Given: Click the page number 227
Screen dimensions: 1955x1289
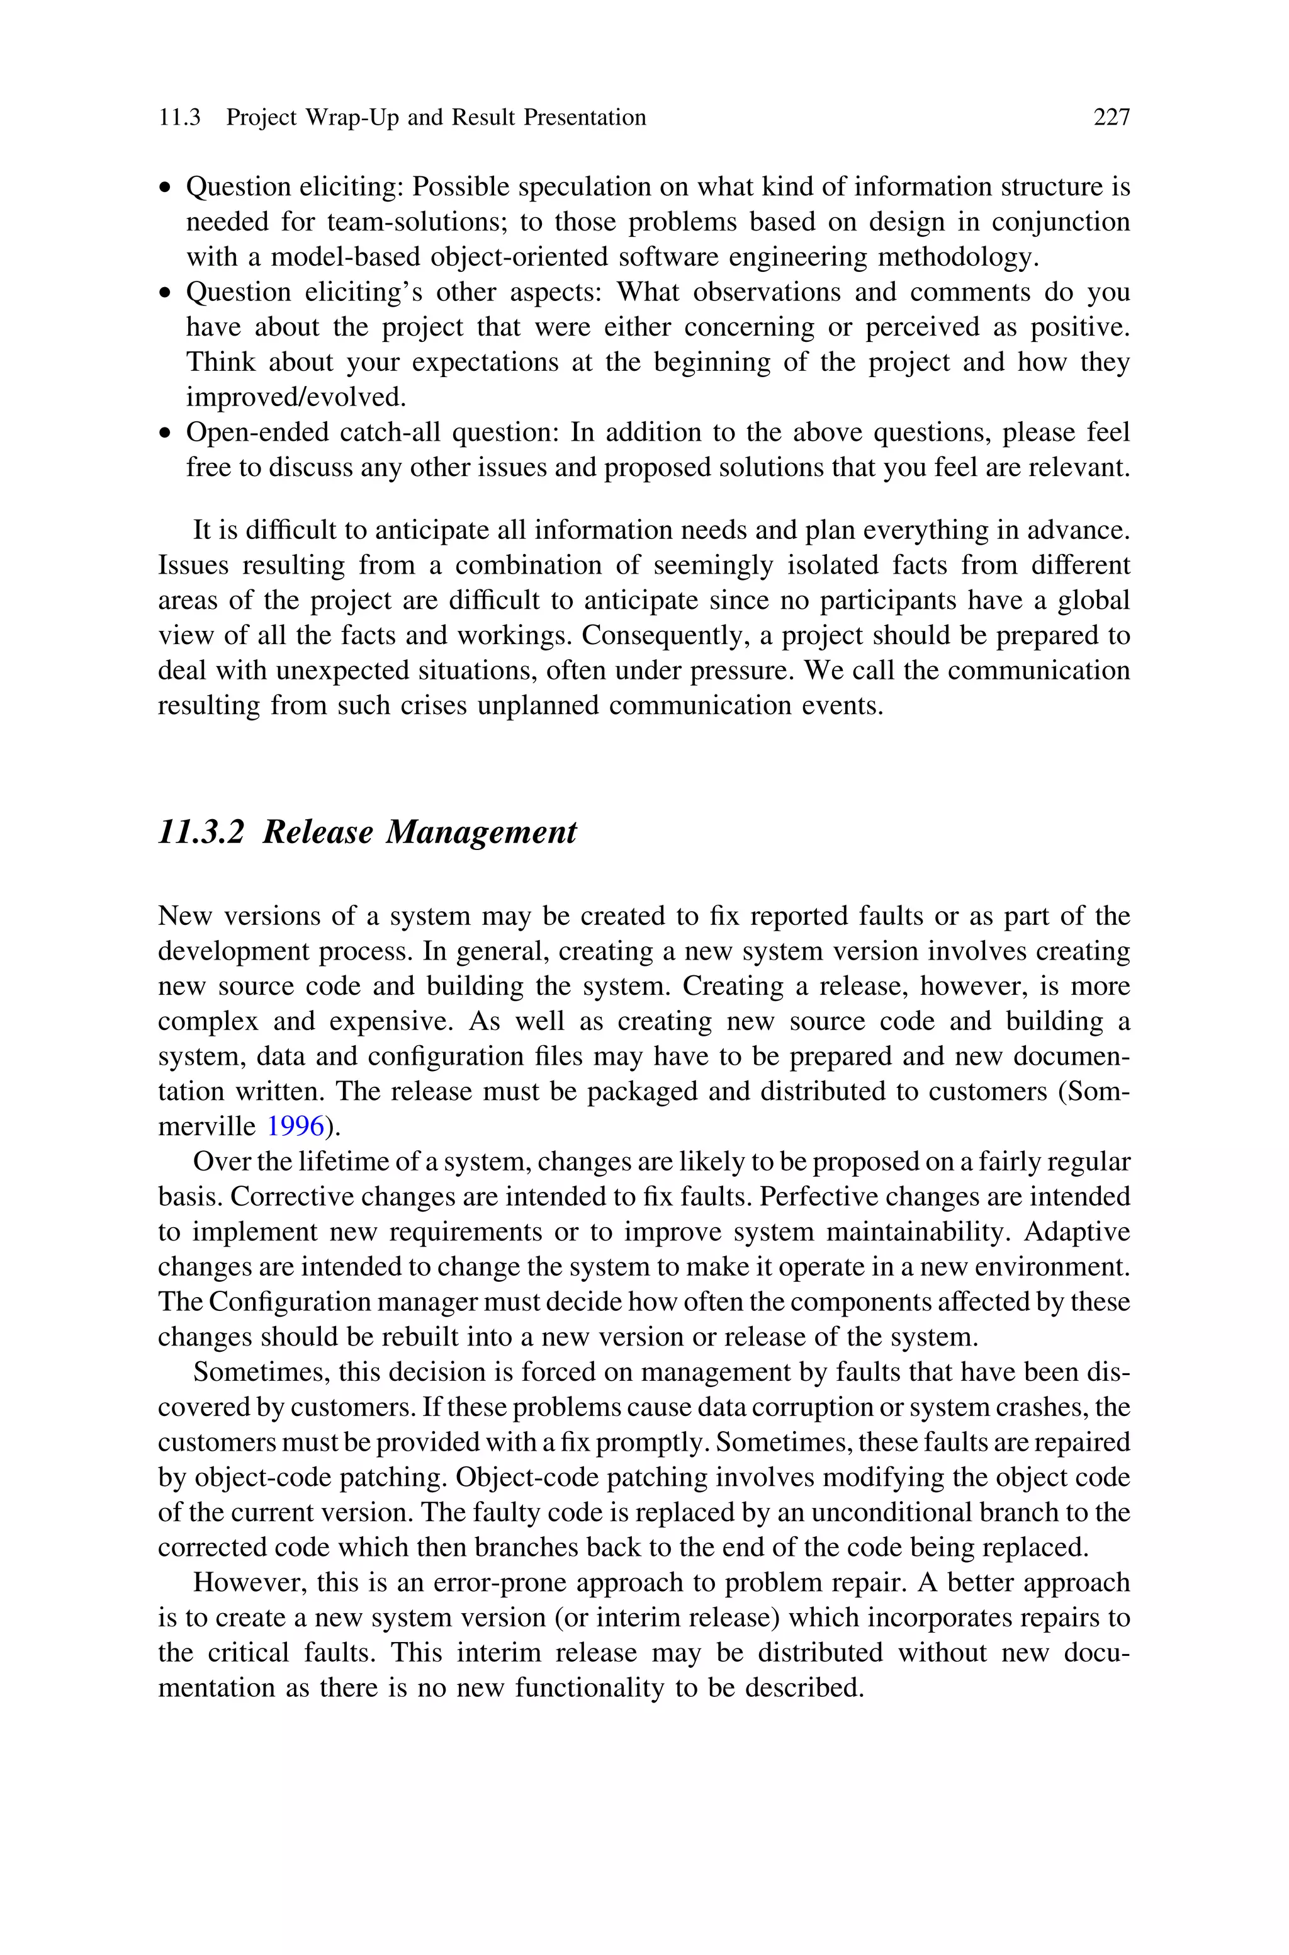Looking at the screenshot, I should [x=1112, y=118].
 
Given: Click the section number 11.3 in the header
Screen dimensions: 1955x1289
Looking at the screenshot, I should [x=179, y=118].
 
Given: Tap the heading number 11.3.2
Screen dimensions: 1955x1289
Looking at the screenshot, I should [x=201, y=832].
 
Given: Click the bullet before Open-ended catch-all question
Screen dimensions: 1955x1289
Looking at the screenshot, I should [x=167, y=433].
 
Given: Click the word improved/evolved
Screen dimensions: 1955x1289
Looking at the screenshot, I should [x=296, y=397].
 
